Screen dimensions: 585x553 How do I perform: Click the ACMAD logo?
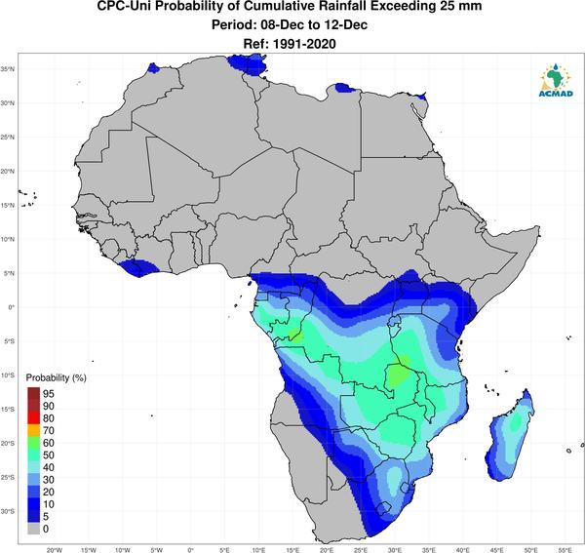556,80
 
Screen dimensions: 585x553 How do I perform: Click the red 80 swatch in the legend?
33,418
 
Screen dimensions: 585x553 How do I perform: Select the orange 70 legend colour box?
33,430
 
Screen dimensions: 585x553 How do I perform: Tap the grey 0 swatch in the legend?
33,529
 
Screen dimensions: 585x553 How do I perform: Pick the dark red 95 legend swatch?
33,393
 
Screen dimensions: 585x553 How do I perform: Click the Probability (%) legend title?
56,377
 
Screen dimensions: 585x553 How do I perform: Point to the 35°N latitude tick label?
8,69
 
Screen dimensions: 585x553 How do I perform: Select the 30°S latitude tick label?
8,511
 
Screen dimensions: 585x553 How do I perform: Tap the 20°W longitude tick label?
55,550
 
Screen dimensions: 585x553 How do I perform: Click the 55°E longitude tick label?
565,550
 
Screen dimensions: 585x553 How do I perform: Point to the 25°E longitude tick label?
361,550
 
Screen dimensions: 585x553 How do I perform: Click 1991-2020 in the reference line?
305,44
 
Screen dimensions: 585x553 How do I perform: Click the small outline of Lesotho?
383,508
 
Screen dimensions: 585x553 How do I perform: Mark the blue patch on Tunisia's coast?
247,63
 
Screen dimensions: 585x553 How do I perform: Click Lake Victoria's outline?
393,321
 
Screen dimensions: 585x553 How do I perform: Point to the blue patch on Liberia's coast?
138,267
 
